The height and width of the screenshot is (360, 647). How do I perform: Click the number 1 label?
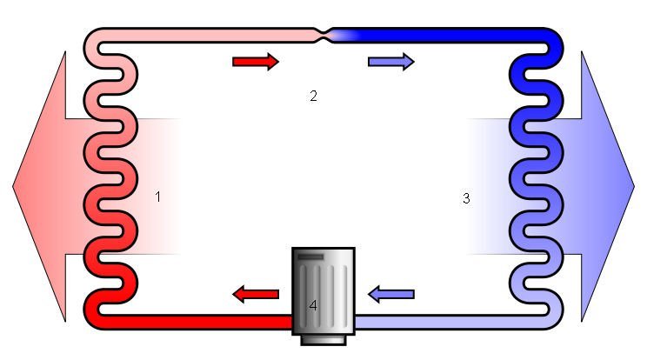tap(157, 197)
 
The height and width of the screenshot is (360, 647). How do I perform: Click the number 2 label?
tap(314, 96)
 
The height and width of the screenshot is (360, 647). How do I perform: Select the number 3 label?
tap(466, 198)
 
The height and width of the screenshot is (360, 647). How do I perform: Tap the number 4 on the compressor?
tap(313, 305)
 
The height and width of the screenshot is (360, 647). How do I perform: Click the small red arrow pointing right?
tap(256, 62)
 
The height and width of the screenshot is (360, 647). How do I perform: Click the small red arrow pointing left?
tap(256, 294)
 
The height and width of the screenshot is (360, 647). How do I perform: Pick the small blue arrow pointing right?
tap(391, 62)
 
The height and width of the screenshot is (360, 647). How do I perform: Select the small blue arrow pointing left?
tap(391, 294)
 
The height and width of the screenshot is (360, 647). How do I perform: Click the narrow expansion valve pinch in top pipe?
tap(325, 35)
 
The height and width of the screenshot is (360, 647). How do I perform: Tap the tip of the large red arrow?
tap(13, 186)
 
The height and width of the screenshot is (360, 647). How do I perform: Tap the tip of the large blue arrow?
tap(634, 186)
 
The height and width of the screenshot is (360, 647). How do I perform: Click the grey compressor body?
tap(323, 291)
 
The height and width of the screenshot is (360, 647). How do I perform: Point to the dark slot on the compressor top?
tap(310, 257)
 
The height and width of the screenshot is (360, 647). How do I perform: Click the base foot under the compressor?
tap(323, 340)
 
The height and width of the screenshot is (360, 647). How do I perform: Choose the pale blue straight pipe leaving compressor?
tap(451, 322)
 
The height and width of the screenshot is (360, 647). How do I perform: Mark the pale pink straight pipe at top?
tap(206, 35)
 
